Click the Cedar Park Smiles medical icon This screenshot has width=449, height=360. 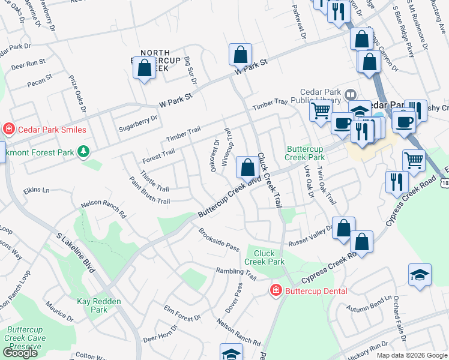(9, 129)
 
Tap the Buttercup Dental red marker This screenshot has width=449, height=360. (276, 291)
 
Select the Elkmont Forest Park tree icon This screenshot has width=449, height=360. (83, 152)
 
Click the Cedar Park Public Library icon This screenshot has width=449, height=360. (351, 94)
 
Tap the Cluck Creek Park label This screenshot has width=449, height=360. (265, 257)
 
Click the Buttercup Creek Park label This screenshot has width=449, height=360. (305, 152)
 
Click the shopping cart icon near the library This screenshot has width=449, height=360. (321, 110)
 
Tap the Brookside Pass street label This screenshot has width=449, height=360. (219, 239)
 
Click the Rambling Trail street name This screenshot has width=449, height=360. (236, 274)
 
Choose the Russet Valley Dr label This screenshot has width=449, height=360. (310, 239)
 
